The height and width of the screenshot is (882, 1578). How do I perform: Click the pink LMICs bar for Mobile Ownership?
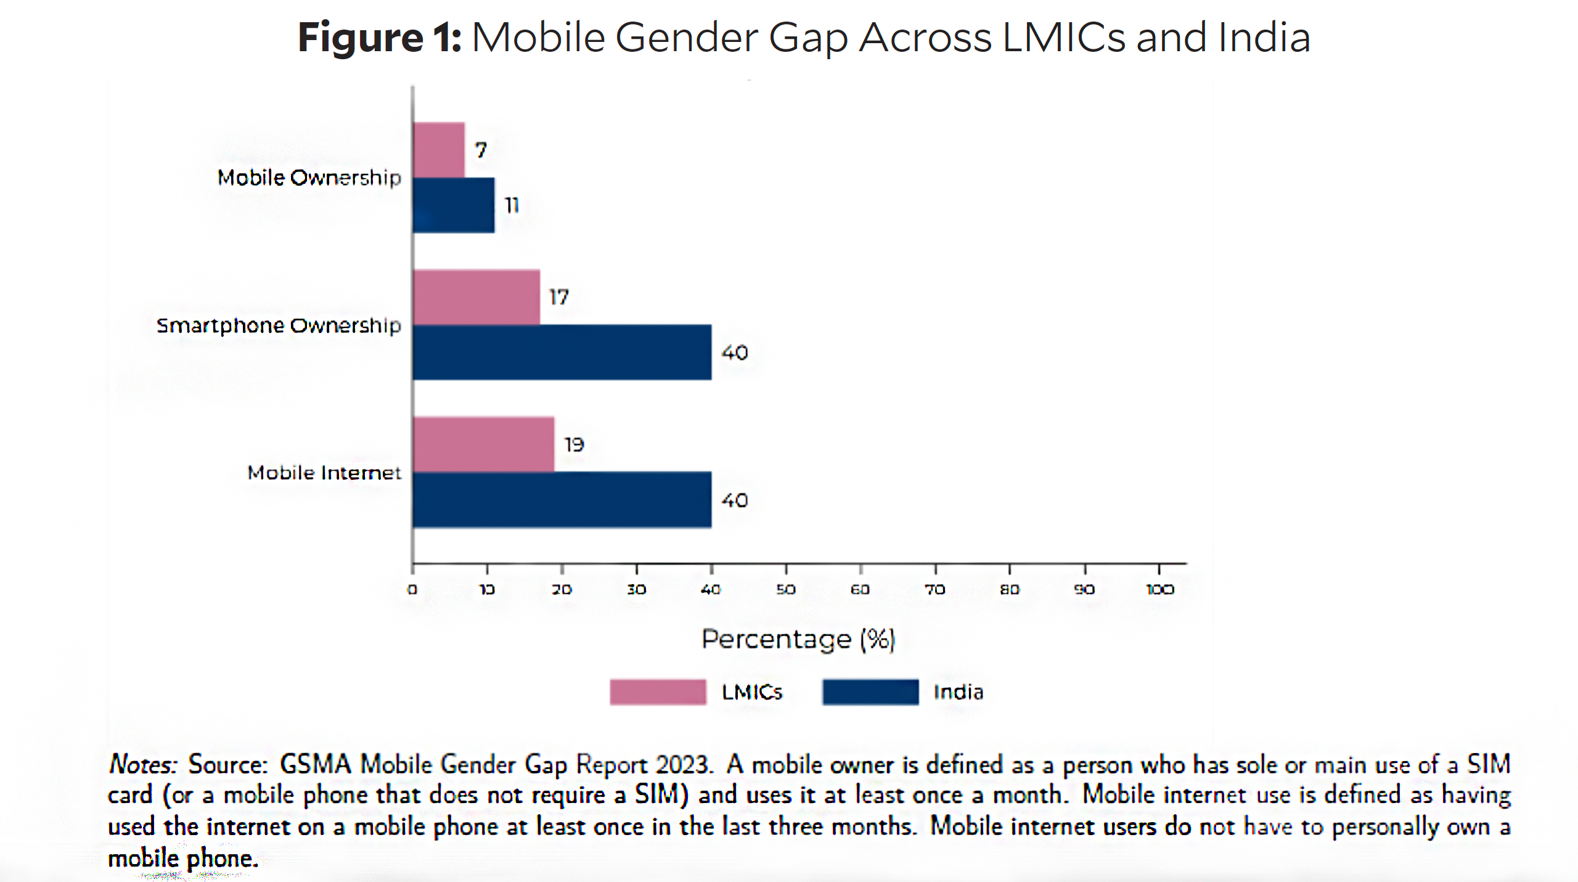[x=439, y=150]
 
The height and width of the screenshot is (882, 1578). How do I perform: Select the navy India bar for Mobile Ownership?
[x=454, y=205]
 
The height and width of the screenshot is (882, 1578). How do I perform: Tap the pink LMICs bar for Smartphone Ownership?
[x=476, y=297]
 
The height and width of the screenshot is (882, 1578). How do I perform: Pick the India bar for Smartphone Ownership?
[x=562, y=352]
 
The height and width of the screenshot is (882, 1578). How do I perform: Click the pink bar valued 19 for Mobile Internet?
[x=484, y=444]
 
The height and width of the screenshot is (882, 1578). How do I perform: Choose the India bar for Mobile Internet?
[x=562, y=500]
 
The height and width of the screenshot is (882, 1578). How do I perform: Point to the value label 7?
[x=481, y=150]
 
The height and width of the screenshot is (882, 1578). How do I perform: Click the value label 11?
[x=512, y=205]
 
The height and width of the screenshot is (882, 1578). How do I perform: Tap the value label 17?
[x=559, y=297]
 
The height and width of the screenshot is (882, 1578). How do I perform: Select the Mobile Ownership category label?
[x=309, y=178]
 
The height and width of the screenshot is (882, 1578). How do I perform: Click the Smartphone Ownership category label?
[x=279, y=325]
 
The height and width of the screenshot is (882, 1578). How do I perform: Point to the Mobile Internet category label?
[x=324, y=472]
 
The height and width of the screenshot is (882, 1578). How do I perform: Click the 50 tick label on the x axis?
[x=785, y=590]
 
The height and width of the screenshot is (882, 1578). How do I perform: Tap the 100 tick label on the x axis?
[x=1160, y=590]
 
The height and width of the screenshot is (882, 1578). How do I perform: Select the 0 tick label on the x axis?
[x=412, y=590]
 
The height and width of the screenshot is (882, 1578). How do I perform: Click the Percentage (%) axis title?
[x=798, y=639]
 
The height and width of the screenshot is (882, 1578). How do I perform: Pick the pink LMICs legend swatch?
[x=658, y=692]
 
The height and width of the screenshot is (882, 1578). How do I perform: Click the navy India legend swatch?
[x=870, y=692]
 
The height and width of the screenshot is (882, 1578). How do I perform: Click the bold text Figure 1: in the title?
[x=379, y=38]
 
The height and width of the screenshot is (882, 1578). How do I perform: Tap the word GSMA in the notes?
[x=315, y=765]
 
